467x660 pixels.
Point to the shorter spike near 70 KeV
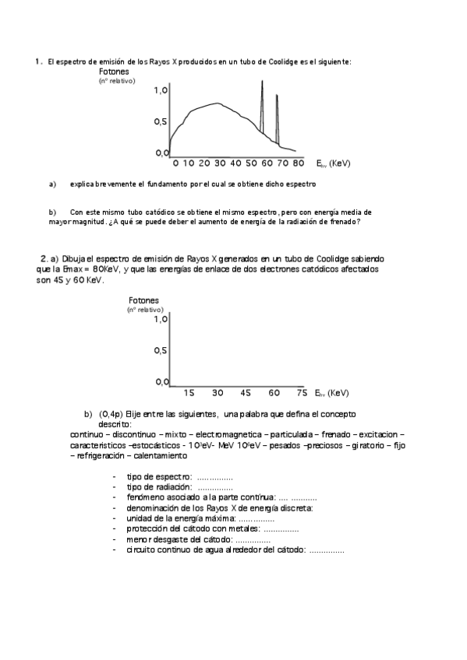click(x=277, y=97)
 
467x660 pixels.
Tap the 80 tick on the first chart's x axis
click(x=298, y=163)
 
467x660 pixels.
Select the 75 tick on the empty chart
click(x=302, y=392)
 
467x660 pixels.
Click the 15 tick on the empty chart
click(x=189, y=392)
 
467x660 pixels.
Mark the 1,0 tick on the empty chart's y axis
click(x=160, y=319)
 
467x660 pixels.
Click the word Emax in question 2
click(x=76, y=269)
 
